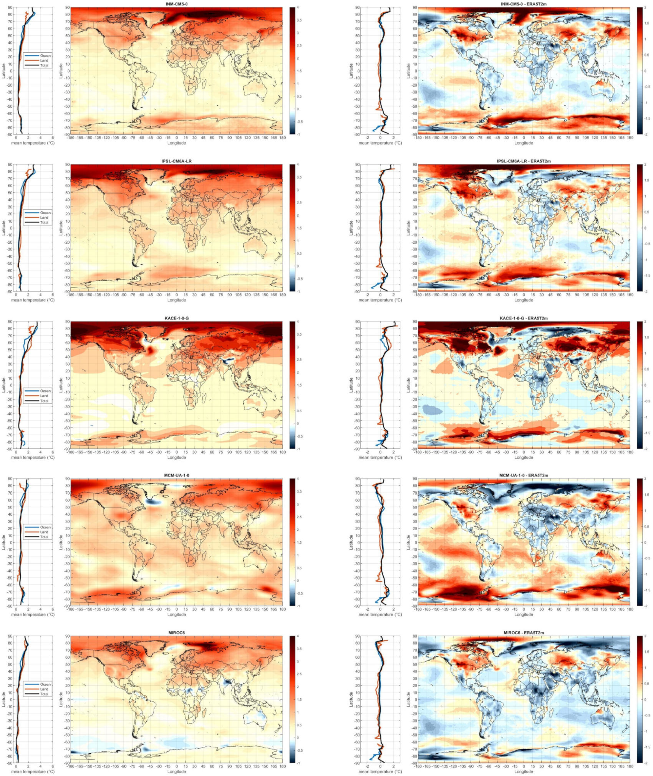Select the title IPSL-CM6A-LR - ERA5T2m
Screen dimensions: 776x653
pos(524,161)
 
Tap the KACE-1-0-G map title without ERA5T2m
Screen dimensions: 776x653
pos(176,318)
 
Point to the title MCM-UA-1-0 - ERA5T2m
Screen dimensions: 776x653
pos(524,475)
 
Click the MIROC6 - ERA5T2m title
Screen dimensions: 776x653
pos(524,633)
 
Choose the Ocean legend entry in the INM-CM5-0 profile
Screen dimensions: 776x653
pos(45,56)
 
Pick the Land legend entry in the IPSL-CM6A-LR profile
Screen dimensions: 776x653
pos(44,218)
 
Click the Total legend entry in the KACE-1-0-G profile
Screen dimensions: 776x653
pos(44,401)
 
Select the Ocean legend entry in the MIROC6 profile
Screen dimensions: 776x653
pos(45,684)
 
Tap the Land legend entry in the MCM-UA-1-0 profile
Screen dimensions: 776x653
pos(44,532)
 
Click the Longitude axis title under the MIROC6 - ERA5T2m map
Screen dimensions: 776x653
pos(524,771)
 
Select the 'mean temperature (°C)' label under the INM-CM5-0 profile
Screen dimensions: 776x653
pos(33,143)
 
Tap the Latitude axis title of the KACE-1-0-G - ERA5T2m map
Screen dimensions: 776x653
pos(408,385)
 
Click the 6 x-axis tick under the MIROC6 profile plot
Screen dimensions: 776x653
pos(53,766)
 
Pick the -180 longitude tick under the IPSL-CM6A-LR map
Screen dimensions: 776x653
pos(70,295)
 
